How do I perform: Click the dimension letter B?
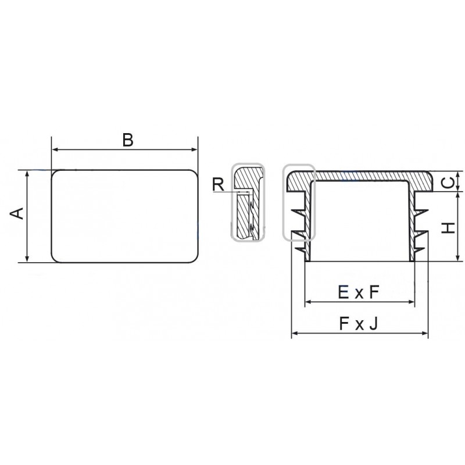128,140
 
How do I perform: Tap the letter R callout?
219,184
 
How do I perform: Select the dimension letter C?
449,183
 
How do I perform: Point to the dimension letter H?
448,228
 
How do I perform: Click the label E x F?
359,292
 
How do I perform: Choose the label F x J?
359,324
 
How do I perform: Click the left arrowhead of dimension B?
55,149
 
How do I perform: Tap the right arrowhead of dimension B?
194,149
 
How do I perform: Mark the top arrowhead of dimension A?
27,174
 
